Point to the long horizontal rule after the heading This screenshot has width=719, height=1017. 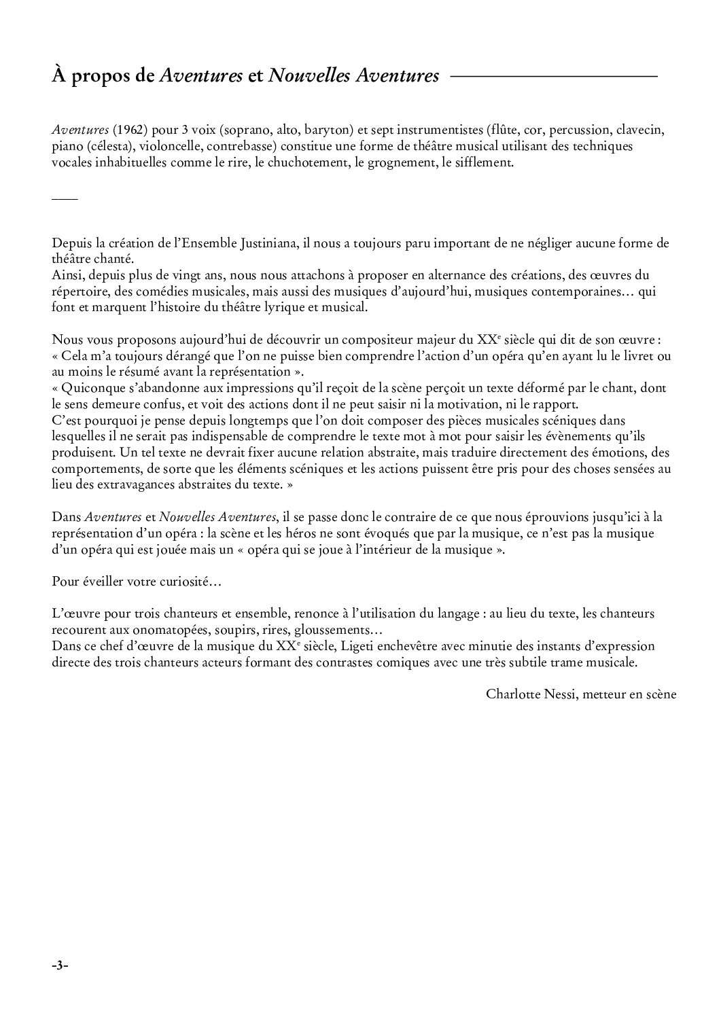click(554, 77)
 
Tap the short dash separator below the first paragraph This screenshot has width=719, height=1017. click(65, 198)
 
